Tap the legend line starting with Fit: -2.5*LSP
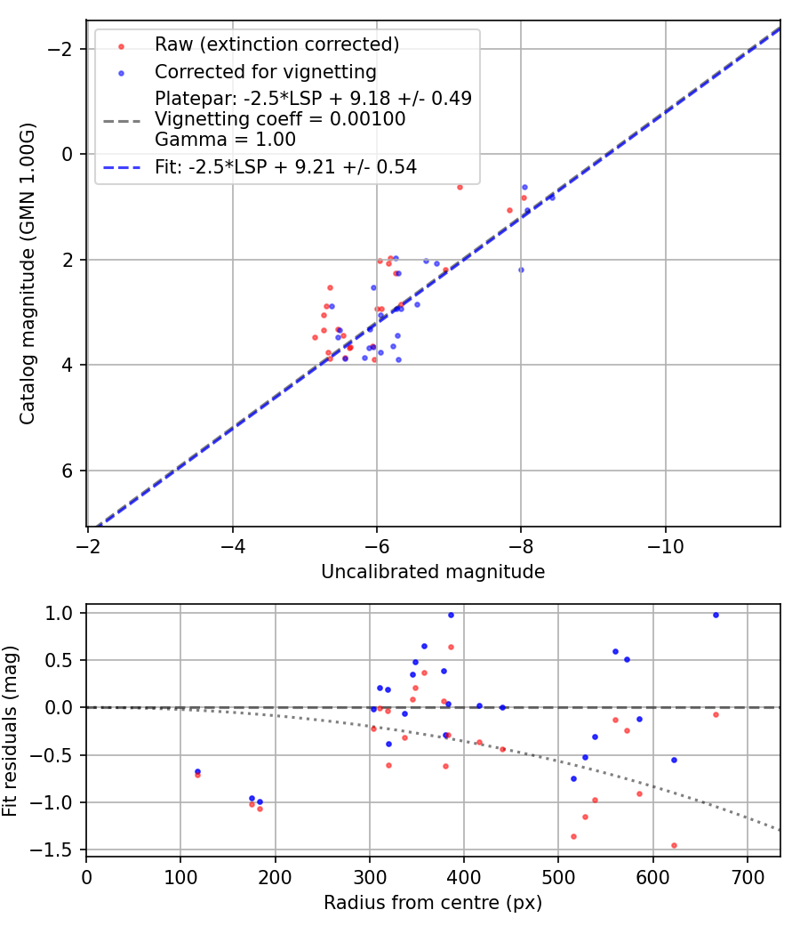point(285,166)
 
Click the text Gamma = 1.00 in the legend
point(225,139)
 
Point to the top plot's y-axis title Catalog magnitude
point(28,272)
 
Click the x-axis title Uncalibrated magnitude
point(433,572)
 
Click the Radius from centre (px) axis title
point(433,903)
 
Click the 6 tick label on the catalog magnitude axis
point(64,471)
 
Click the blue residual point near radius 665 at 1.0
point(716,615)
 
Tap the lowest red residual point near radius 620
point(674,845)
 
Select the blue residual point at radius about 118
point(197,771)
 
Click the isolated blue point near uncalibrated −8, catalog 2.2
point(521,270)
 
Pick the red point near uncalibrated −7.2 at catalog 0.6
point(460,187)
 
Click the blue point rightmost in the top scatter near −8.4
point(551,197)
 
